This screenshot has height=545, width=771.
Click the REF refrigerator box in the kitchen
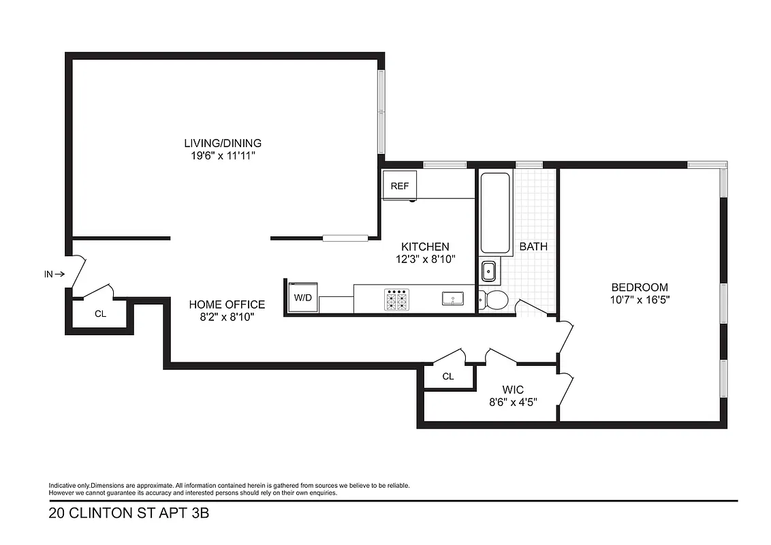399,185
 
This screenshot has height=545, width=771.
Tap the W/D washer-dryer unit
302,297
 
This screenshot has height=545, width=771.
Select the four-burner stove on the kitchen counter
397,299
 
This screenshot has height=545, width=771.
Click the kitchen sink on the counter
452,298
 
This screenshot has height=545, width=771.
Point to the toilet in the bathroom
493,300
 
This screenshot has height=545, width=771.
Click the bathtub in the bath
495,213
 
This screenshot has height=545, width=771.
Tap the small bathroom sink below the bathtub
489,272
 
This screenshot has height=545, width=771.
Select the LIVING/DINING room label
223,143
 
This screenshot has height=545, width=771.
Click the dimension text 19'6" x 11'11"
223,156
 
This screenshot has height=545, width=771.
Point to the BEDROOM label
639,287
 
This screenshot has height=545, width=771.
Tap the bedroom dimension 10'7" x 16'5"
639,300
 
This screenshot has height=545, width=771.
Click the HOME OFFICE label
227,305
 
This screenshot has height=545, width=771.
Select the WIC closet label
513,389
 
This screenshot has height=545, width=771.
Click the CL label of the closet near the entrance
100,314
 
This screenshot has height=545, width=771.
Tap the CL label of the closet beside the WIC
447,376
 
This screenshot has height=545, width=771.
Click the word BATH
533,247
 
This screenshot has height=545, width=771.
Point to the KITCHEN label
425,247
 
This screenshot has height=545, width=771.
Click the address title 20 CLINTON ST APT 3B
129,513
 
